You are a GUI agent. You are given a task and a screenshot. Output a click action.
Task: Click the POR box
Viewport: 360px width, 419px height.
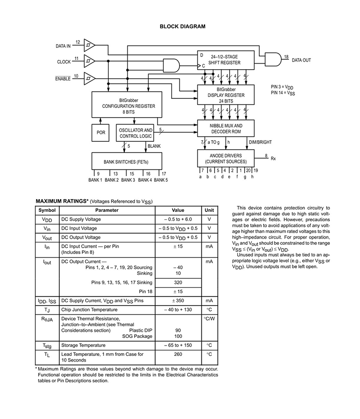click(100, 133)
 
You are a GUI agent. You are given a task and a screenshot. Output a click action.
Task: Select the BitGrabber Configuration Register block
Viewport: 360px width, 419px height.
click(127, 105)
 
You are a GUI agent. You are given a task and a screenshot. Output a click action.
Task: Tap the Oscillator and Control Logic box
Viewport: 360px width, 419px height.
click(135, 133)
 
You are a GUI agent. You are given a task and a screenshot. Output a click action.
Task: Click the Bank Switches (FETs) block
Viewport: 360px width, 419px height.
click(127, 161)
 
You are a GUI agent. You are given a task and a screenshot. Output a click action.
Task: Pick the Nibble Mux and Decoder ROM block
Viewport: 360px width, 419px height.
click(226, 129)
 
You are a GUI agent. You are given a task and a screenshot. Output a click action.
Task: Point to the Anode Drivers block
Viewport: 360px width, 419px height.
click(226, 159)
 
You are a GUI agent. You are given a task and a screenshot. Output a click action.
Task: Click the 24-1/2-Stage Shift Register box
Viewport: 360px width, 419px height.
click(226, 60)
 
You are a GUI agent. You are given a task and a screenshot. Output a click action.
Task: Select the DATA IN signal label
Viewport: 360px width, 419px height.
click(63, 46)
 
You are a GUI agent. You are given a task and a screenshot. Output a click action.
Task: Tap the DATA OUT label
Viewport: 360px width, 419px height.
click(301, 60)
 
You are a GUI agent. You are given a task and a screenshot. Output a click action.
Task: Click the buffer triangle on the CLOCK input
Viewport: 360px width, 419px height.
click(89, 61)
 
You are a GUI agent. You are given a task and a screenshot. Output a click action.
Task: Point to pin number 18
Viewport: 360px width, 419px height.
click(286, 56)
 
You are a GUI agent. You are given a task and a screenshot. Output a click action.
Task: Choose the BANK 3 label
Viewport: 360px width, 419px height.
click(128, 180)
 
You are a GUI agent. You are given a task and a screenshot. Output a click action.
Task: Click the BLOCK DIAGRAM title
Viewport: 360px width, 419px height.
click(183, 26)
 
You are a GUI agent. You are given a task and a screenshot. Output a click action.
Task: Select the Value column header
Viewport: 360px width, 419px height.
click(178, 210)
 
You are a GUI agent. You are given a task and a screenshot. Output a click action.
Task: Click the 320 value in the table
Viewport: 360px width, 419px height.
click(178, 282)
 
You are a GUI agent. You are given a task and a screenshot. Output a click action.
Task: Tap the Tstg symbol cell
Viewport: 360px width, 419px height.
click(47, 346)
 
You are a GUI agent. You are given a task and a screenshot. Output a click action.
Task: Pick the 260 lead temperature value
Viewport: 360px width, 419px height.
click(178, 355)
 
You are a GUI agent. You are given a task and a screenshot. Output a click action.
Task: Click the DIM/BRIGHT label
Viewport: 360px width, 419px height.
click(260, 142)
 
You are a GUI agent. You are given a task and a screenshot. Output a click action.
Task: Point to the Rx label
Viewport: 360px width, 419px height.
click(273, 159)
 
